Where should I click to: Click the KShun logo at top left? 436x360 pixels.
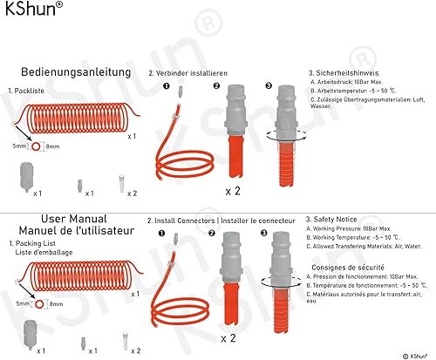click(34, 9)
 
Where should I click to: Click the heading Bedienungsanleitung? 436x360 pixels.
click(76, 72)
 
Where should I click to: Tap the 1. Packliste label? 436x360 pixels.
click(26, 91)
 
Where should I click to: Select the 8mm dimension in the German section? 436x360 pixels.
click(52, 146)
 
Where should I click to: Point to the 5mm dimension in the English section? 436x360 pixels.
click(23, 303)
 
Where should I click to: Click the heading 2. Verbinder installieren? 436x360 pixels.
click(187, 73)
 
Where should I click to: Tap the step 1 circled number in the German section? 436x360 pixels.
click(167, 86)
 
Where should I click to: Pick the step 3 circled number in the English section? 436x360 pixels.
click(264, 233)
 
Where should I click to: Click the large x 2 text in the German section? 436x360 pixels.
click(233, 191)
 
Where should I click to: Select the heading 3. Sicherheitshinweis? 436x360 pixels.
click(344, 73)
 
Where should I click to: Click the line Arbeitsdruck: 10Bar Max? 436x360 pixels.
click(346, 82)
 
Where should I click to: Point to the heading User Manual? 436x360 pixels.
click(74, 219)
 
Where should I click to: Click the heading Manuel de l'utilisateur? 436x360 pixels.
click(77, 231)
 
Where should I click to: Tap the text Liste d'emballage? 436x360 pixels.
click(44, 253)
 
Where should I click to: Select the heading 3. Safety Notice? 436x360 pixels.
click(331, 220)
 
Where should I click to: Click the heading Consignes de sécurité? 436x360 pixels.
click(348, 268)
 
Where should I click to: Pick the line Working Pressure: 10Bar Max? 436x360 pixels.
click(349, 228)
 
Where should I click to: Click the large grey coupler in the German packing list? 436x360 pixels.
click(26, 177)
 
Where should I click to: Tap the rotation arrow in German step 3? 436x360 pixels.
click(286, 135)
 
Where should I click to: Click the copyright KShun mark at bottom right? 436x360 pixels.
click(415, 356)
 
